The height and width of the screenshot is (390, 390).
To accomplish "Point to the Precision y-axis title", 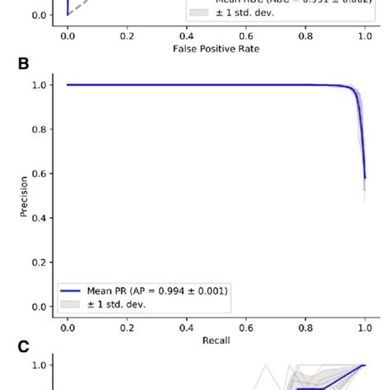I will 25,196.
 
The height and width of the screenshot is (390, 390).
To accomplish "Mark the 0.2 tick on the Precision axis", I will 40,262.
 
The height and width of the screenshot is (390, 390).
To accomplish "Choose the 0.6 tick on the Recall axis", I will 246,326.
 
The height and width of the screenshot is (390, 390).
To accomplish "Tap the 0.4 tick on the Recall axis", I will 187,326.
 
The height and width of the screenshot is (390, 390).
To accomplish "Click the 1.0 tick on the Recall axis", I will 364,326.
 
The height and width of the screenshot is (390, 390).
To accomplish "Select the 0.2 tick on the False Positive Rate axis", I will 127,36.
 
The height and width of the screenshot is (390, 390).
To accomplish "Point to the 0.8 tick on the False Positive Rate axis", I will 305,36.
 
